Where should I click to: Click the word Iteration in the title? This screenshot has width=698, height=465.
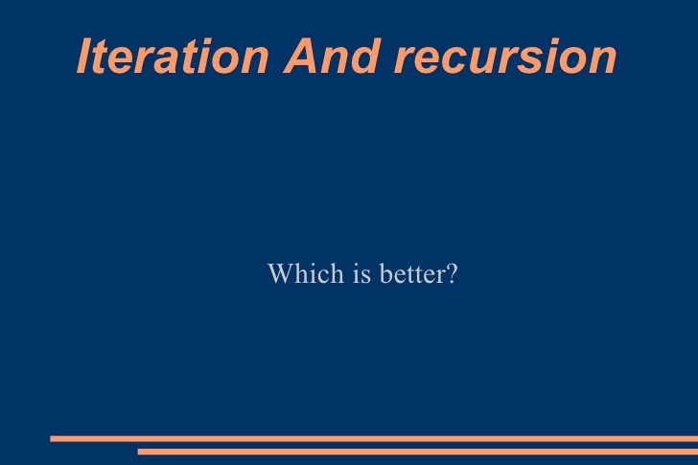click(x=173, y=56)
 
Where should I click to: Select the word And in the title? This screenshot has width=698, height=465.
click(x=333, y=56)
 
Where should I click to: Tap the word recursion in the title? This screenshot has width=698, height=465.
click(x=505, y=57)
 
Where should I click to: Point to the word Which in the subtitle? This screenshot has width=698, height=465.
click(x=306, y=273)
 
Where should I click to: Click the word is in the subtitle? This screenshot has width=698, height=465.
click(x=361, y=273)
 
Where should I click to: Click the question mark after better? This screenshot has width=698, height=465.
click(x=452, y=273)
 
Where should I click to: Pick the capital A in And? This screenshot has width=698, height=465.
click(x=302, y=56)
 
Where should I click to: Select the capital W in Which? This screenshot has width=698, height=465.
click(x=280, y=273)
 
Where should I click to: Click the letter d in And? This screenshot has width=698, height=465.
click(x=367, y=56)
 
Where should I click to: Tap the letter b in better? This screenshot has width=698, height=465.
click(x=386, y=273)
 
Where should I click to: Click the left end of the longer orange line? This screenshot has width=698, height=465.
click(x=50, y=439)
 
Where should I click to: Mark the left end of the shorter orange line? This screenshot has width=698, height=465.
click(x=138, y=452)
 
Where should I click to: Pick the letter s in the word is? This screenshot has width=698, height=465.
click(x=366, y=277)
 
